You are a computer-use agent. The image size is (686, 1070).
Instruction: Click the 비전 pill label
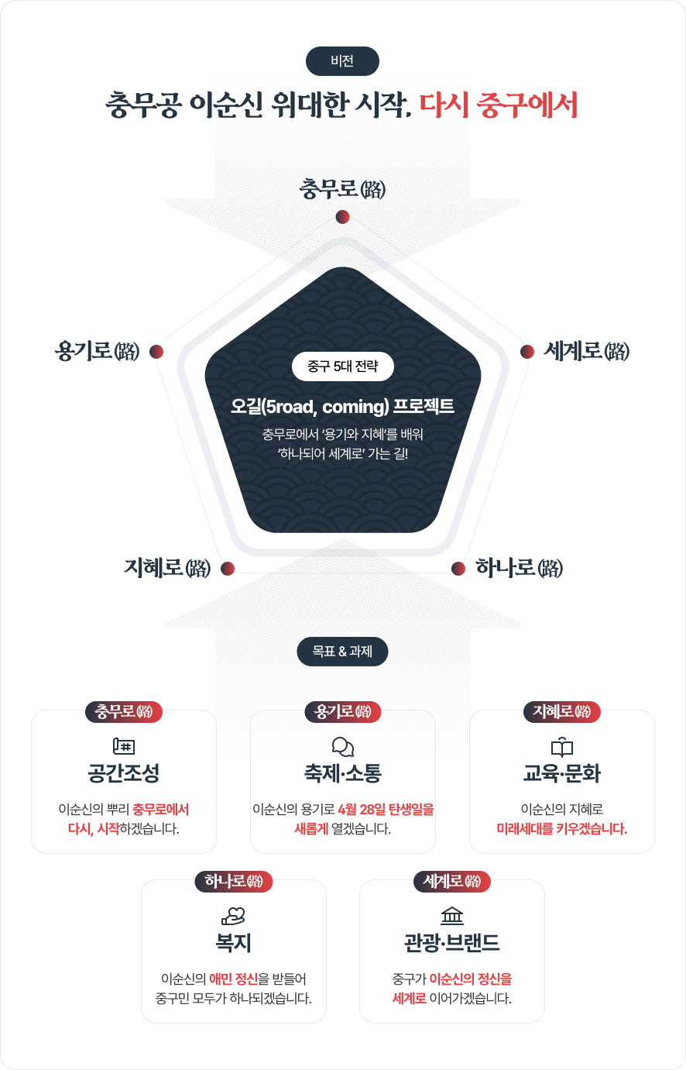click(x=342, y=60)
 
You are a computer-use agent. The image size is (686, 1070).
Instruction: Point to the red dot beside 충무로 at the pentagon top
click(x=342, y=216)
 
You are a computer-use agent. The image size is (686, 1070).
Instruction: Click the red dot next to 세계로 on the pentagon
click(x=527, y=352)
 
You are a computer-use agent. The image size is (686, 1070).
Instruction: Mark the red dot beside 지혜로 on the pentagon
click(x=228, y=569)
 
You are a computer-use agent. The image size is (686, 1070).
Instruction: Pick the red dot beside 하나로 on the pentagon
click(x=458, y=569)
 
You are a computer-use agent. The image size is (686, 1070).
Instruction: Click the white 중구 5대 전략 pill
click(x=342, y=366)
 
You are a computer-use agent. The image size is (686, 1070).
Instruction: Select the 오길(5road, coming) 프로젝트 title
click(x=342, y=406)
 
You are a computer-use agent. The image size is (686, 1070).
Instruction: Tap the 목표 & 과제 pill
click(x=342, y=652)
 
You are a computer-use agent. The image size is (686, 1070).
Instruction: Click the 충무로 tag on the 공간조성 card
click(x=124, y=711)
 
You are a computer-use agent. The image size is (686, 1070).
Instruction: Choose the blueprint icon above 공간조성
click(x=124, y=747)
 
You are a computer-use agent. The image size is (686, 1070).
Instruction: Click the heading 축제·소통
click(x=342, y=774)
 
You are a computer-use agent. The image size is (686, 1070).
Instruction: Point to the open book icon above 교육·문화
click(x=562, y=747)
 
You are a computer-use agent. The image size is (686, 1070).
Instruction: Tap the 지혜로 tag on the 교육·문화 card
click(x=562, y=711)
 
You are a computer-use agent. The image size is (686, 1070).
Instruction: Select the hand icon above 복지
click(x=233, y=916)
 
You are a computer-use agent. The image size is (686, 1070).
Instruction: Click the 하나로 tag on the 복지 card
click(x=233, y=881)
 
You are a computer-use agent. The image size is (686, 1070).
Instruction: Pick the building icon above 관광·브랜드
click(x=452, y=916)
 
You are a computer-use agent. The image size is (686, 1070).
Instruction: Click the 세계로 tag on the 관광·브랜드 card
click(x=452, y=881)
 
